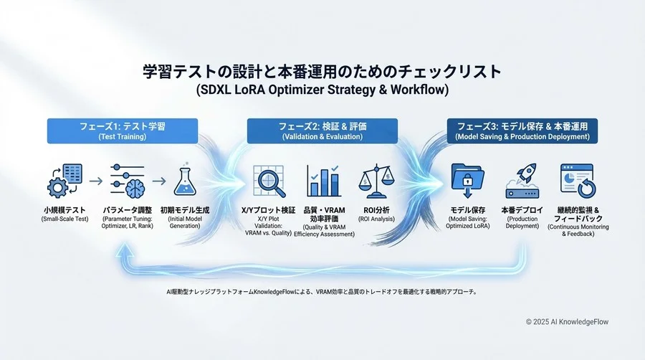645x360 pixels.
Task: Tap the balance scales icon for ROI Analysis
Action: (x=378, y=182)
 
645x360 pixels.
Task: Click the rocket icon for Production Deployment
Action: (x=522, y=181)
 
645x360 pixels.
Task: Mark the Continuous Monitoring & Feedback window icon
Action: (x=577, y=181)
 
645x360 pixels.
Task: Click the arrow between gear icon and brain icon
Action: (x=94, y=180)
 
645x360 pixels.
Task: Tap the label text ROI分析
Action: (x=378, y=209)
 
